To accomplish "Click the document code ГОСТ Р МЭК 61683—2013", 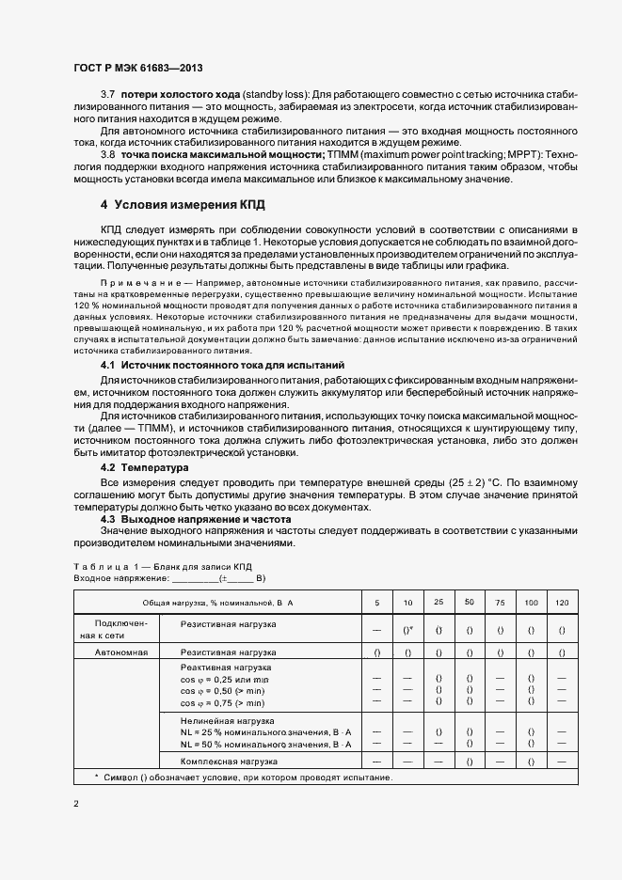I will [137, 70].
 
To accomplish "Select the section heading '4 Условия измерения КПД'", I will [183, 204].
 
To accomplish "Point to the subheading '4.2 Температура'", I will [145, 467].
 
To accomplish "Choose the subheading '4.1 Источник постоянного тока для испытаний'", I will [222, 364].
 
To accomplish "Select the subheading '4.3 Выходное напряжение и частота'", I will [196, 519].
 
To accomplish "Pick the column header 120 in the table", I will [562, 601].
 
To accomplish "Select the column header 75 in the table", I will [500, 601].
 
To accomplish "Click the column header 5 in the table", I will [377, 601].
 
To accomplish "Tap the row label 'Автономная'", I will [120, 652].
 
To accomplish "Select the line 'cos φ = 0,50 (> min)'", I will [222, 691].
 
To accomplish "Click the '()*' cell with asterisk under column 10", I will [408, 629].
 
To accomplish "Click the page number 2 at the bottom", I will [76, 804].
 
